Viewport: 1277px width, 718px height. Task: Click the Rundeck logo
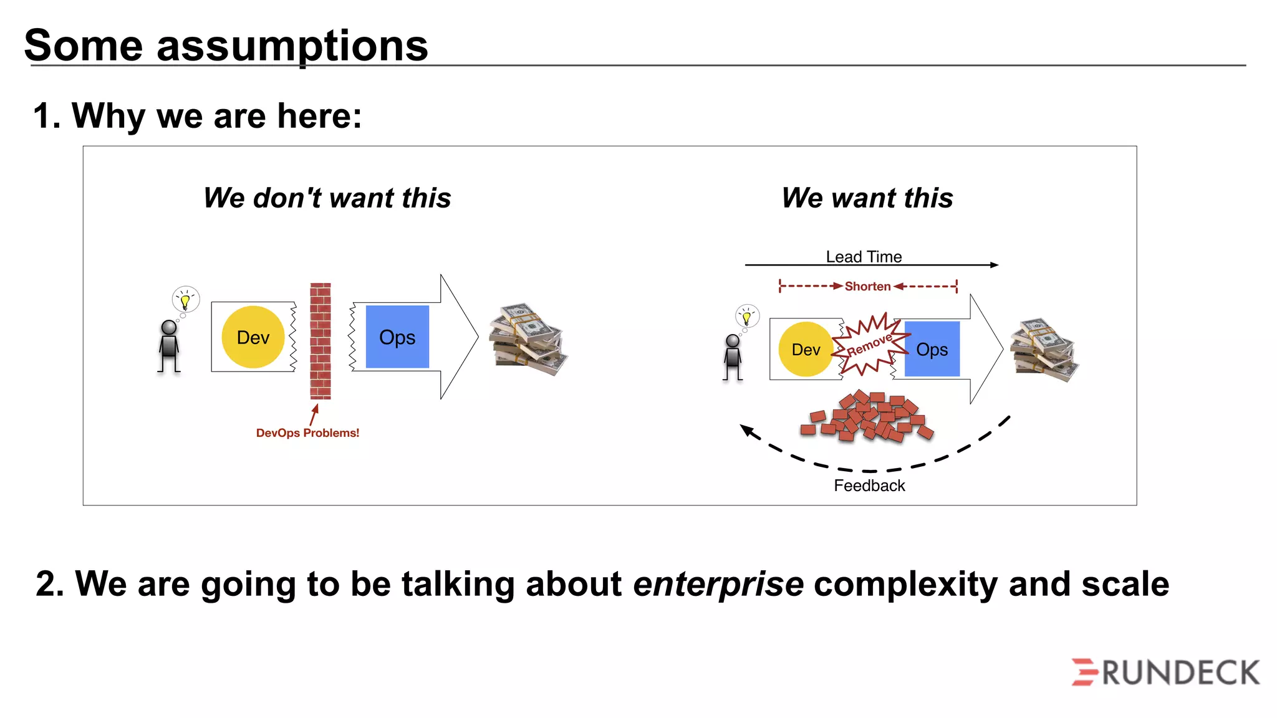pos(1166,673)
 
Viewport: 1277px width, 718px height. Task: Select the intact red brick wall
pos(320,341)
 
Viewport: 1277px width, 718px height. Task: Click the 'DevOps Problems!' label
pos(307,433)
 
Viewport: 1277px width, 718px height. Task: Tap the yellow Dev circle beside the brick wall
pos(253,337)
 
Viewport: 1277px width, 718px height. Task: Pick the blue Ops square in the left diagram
pos(397,337)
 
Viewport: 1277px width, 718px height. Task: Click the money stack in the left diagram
pos(528,340)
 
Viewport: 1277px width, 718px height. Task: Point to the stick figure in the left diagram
pos(169,346)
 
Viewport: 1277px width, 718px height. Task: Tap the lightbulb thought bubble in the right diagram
pos(747,316)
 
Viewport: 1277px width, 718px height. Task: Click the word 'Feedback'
pos(869,486)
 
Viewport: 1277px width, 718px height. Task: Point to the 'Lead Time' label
pos(864,257)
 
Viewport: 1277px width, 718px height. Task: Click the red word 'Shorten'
pos(867,286)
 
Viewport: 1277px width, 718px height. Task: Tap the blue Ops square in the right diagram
pos(932,349)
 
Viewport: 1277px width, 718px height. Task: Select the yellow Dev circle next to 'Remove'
pos(805,350)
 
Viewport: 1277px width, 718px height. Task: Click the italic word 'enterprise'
pos(718,584)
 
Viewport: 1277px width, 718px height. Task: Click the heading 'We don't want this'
pos(327,198)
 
